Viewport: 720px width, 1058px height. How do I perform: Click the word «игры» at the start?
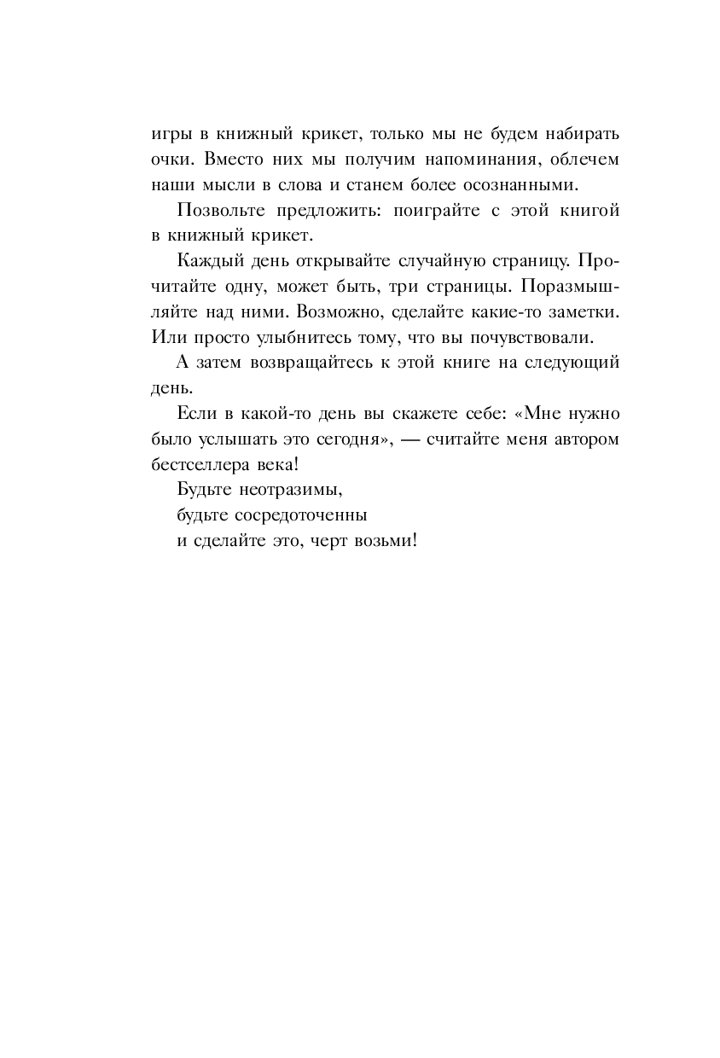(170, 136)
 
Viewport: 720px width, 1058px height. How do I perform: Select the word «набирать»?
(577, 135)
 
